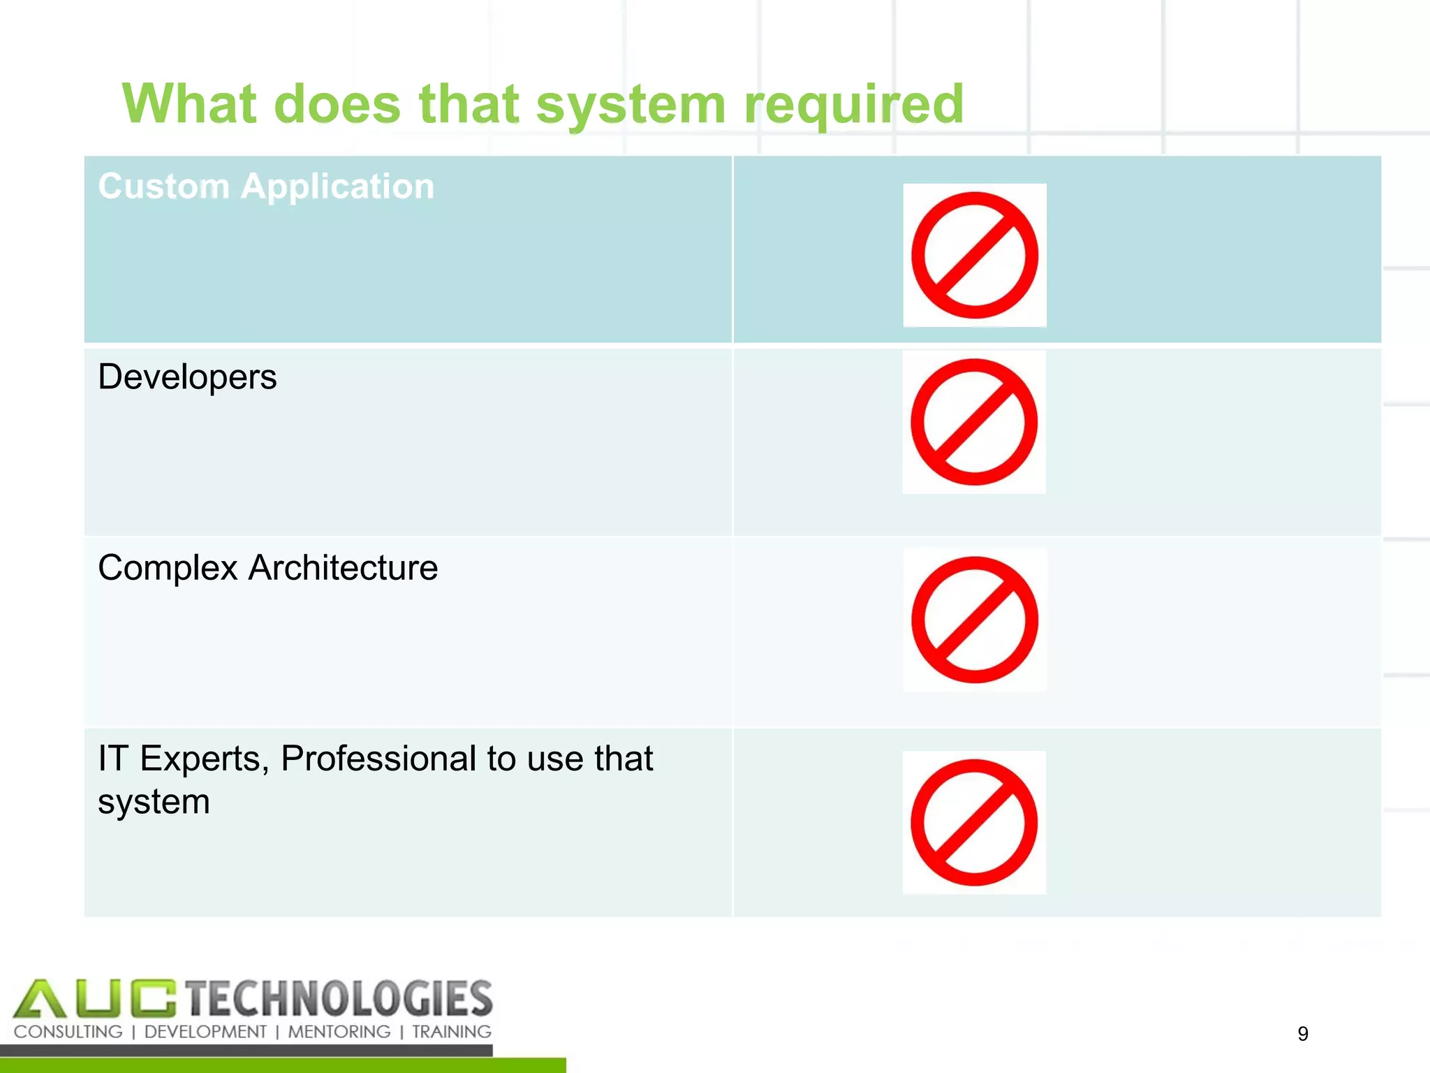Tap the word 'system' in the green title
click(631, 105)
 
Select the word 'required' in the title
click(853, 105)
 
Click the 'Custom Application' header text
click(266, 187)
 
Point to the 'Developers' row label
click(187, 377)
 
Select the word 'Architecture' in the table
click(343, 567)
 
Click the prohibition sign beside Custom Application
click(975, 256)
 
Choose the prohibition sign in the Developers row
click(974, 422)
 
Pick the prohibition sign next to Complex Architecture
click(975, 620)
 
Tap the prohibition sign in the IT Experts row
click(974, 822)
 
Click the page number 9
click(1303, 1033)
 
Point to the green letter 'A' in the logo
click(40, 999)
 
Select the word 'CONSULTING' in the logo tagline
click(68, 1032)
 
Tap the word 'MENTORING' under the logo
click(339, 1032)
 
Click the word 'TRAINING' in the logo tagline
click(451, 1032)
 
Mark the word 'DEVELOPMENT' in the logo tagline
click(205, 1032)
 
